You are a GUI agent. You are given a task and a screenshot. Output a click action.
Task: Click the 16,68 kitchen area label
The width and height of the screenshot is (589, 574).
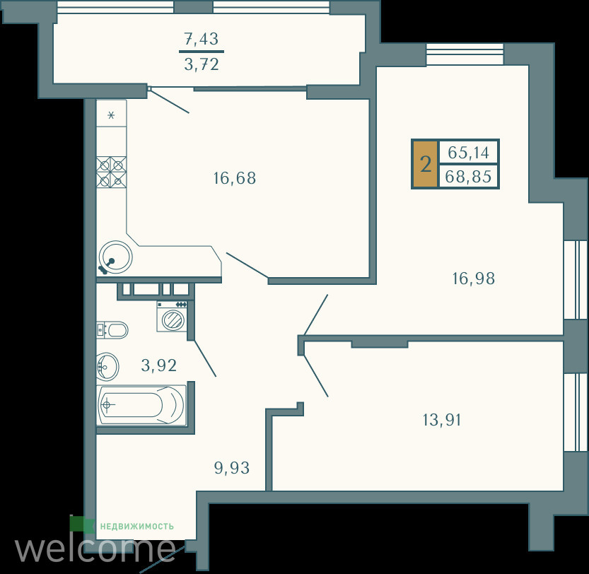coord(235,178)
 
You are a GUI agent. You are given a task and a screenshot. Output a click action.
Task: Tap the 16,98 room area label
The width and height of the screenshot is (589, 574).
coord(474,279)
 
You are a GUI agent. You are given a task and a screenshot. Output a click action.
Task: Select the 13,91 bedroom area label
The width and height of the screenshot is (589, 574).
coord(442,420)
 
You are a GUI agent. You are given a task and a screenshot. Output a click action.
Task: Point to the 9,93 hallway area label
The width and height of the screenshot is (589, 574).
coord(232,468)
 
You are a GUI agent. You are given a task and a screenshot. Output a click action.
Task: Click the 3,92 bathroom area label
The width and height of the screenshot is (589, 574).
coord(159,365)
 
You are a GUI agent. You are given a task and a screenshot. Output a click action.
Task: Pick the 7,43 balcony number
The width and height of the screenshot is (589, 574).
coord(202,39)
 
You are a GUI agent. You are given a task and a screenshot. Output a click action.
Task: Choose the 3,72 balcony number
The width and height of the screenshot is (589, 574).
coord(202,65)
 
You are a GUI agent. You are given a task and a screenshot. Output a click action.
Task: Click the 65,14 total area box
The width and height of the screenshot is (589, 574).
coord(468,153)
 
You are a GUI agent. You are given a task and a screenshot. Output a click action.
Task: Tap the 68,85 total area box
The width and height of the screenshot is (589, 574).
coord(468,176)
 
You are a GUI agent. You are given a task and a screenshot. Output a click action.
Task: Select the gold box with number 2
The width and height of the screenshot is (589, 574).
coord(425,164)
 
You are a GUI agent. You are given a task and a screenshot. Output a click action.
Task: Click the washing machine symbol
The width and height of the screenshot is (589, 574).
coord(172,316)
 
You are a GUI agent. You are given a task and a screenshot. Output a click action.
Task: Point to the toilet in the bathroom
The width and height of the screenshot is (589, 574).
coord(112,330)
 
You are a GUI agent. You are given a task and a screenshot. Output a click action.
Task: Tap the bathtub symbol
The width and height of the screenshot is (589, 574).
coord(141,405)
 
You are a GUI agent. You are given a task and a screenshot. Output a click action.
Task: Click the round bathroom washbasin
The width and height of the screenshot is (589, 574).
coord(107,366)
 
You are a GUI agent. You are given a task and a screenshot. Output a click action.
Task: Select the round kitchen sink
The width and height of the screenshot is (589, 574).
coord(115,257)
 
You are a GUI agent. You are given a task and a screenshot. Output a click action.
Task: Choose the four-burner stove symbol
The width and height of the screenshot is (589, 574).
coord(111,172)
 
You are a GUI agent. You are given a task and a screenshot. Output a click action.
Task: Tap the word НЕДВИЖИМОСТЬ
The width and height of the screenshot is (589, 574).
coord(136,527)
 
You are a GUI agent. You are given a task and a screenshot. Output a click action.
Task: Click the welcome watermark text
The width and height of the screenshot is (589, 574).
coord(95,549)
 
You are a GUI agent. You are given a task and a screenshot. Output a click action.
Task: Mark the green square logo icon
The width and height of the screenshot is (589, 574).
coord(82,525)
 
